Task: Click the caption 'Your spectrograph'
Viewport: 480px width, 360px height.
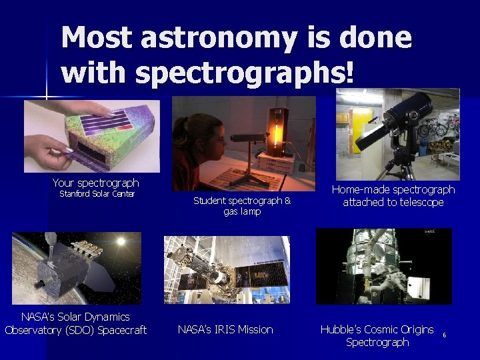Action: click(95, 183)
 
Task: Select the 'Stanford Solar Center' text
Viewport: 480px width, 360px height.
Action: click(97, 195)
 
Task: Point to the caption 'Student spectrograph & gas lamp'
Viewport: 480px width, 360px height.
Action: click(241, 205)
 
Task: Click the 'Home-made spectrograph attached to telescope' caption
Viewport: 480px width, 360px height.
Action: click(393, 196)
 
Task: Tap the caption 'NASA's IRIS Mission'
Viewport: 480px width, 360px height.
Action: click(225, 329)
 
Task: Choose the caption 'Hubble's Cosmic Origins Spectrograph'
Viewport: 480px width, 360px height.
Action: click(377, 335)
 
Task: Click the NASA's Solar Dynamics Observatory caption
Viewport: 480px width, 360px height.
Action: click(75, 323)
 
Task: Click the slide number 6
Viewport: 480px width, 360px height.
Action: click(444, 335)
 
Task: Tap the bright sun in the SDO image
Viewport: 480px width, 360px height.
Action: click(121, 241)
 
